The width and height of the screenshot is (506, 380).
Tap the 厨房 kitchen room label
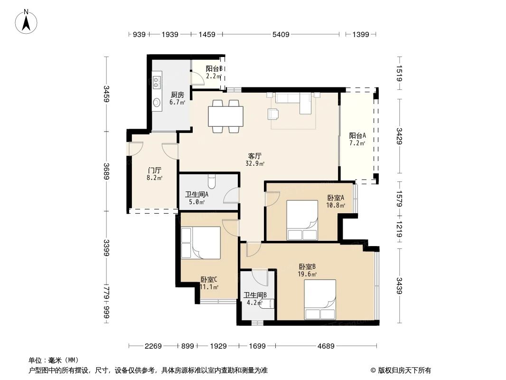[178, 94]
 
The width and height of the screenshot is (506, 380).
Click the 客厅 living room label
[255, 156]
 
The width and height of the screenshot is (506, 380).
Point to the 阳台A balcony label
[357, 135]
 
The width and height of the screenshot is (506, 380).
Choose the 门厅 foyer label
[154, 171]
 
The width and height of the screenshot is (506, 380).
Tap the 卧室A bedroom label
[336, 198]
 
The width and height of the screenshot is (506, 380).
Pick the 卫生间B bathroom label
[255, 295]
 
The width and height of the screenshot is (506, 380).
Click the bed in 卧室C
[201, 243]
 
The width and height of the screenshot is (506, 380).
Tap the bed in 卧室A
[302, 220]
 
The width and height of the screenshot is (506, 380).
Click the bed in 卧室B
[320, 299]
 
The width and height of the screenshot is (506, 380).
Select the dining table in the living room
[225, 116]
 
